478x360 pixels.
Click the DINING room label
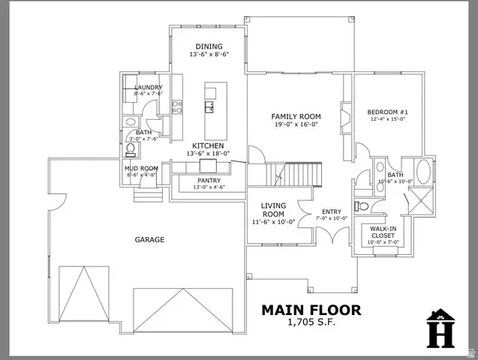pyautogui.click(x=209, y=46)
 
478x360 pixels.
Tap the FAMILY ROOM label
pyautogui.click(x=296, y=116)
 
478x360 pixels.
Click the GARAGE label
pyautogui.click(x=149, y=240)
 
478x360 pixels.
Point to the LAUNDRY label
pyautogui.click(x=148, y=88)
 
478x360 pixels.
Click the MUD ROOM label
pyautogui.click(x=140, y=168)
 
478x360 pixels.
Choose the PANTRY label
pyautogui.click(x=209, y=180)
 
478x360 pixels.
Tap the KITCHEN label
pyautogui.click(x=208, y=145)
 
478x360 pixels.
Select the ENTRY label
pyautogui.click(x=331, y=211)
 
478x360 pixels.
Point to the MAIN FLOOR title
pyautogui.click(x=311, y=309)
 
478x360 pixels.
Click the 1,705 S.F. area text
pyautogui.click(x=311, y=322)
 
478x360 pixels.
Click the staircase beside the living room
pyautogui.click(x=293, y=177)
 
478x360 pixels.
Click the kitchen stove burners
pyautogui.click(x=178, y=107)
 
